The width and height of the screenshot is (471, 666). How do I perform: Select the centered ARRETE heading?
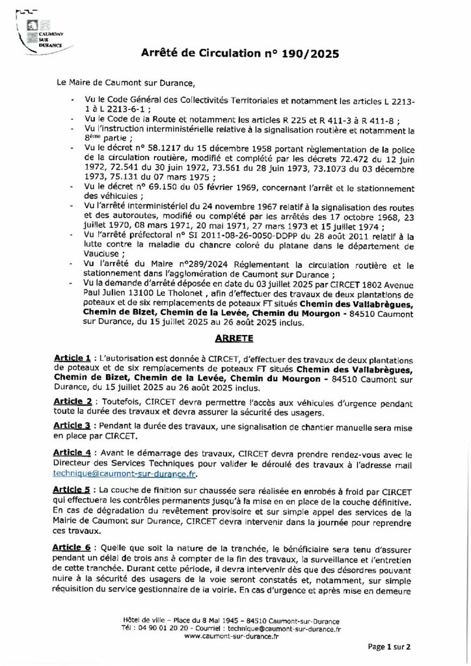click(x=235, y=339)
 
